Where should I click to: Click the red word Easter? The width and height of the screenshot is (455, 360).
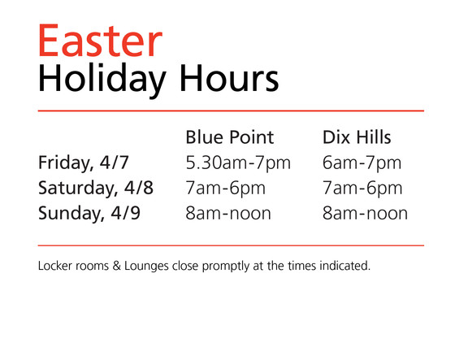100,41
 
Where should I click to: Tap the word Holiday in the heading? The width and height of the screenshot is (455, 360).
102,79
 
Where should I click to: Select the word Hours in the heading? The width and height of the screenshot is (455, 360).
229,78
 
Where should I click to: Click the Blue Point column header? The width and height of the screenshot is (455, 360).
229,137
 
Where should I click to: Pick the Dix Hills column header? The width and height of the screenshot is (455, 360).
357,137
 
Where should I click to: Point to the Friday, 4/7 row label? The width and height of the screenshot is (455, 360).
83,163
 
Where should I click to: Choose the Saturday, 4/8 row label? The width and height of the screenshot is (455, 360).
96,189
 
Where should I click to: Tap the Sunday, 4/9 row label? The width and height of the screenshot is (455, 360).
89,214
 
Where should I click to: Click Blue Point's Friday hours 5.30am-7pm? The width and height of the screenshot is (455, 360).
238,163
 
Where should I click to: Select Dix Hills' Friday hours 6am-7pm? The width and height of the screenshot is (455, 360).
362,163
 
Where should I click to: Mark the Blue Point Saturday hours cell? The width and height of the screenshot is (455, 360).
226,189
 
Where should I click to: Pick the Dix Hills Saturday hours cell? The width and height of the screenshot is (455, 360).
362,189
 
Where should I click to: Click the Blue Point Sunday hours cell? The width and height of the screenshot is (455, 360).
228,214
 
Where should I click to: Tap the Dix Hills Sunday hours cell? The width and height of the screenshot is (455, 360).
365,214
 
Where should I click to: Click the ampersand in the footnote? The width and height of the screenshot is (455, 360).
117,266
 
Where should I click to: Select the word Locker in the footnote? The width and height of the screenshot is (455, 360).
55,266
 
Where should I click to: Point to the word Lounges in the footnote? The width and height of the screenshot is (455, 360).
146,267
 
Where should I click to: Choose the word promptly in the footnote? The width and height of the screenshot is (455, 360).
226,267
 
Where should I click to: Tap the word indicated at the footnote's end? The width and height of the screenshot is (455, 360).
344,266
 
